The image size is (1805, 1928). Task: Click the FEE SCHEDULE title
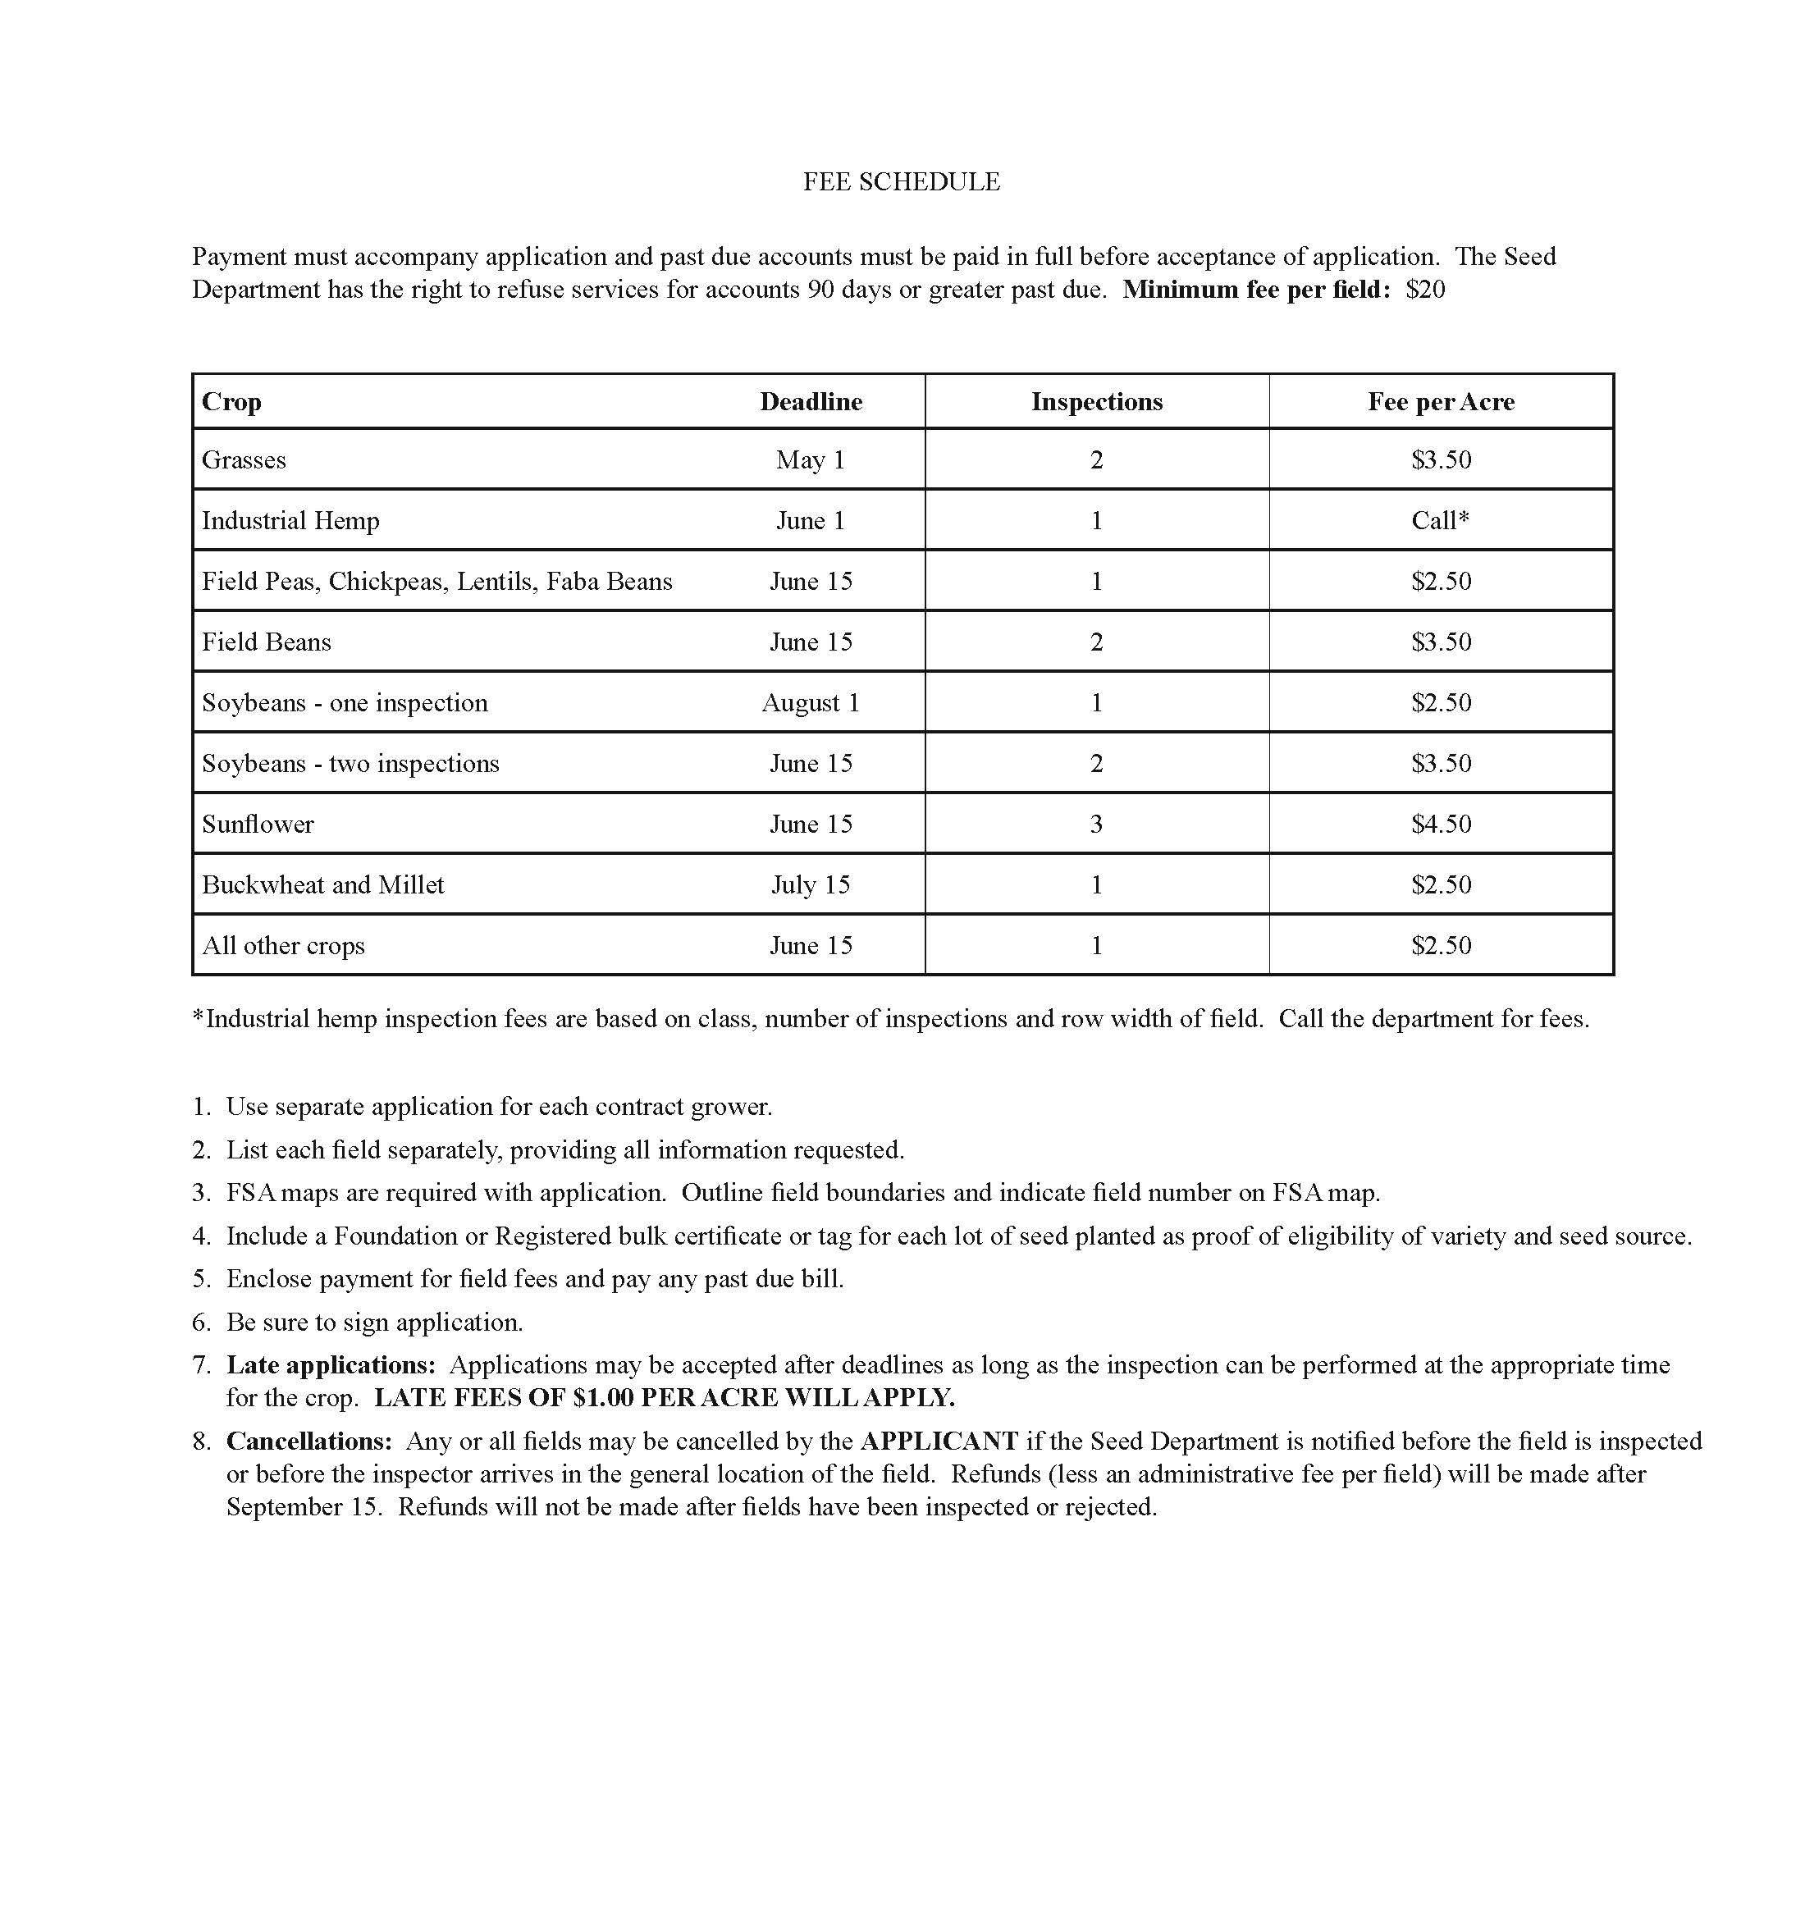click(x=901, y=181)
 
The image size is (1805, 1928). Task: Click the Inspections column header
click(x=1096, y=401)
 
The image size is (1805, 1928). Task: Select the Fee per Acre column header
click(x=1441, y=401)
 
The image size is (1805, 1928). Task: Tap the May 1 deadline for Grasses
click(x=810, y=459)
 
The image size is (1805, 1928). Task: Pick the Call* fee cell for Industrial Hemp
click(x=1441, y=521)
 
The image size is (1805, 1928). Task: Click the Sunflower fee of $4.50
click(x=1441, y=825)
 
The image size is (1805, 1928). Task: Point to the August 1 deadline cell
click(x=810, y=703)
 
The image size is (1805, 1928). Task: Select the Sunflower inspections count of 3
click(x=1096, y=825)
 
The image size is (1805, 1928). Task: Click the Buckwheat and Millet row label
click(x=323, y=884)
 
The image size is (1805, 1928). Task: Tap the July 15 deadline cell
click(x=810, y=884)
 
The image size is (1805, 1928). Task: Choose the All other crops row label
click(x=283, y=946)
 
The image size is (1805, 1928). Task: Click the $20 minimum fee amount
click(x=1425, y=290)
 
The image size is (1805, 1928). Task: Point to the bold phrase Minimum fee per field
click(x=1256, y=290)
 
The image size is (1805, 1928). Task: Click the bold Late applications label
click(x=331, y=1365)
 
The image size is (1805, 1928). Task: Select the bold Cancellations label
click(x=308, y=1441)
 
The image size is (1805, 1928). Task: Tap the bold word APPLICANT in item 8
click(x=939, y=1441)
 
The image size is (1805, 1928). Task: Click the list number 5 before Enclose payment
click(x=201, y=1279)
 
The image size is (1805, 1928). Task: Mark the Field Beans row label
click(x=267, y=642)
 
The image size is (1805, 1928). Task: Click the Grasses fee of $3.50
click(x=1441, y=459)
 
